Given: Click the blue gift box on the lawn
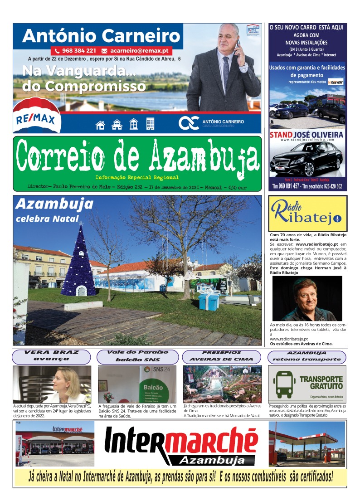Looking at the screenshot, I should (x=209, y=300).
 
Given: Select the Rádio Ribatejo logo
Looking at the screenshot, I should (x=307, y=214).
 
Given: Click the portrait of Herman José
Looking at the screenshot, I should (x=307, y=298).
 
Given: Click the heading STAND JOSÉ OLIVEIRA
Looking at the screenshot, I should (x=307, y=135).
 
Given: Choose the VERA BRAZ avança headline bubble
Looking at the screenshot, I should (x=51, y=355).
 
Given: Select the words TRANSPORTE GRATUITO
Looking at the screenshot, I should (x=321, y=383).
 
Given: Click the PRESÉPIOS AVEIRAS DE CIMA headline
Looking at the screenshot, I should (x=221, y=356).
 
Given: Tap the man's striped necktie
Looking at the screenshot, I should (x=226, y=73).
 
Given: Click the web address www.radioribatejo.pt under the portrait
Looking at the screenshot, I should (x=289, y=339).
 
